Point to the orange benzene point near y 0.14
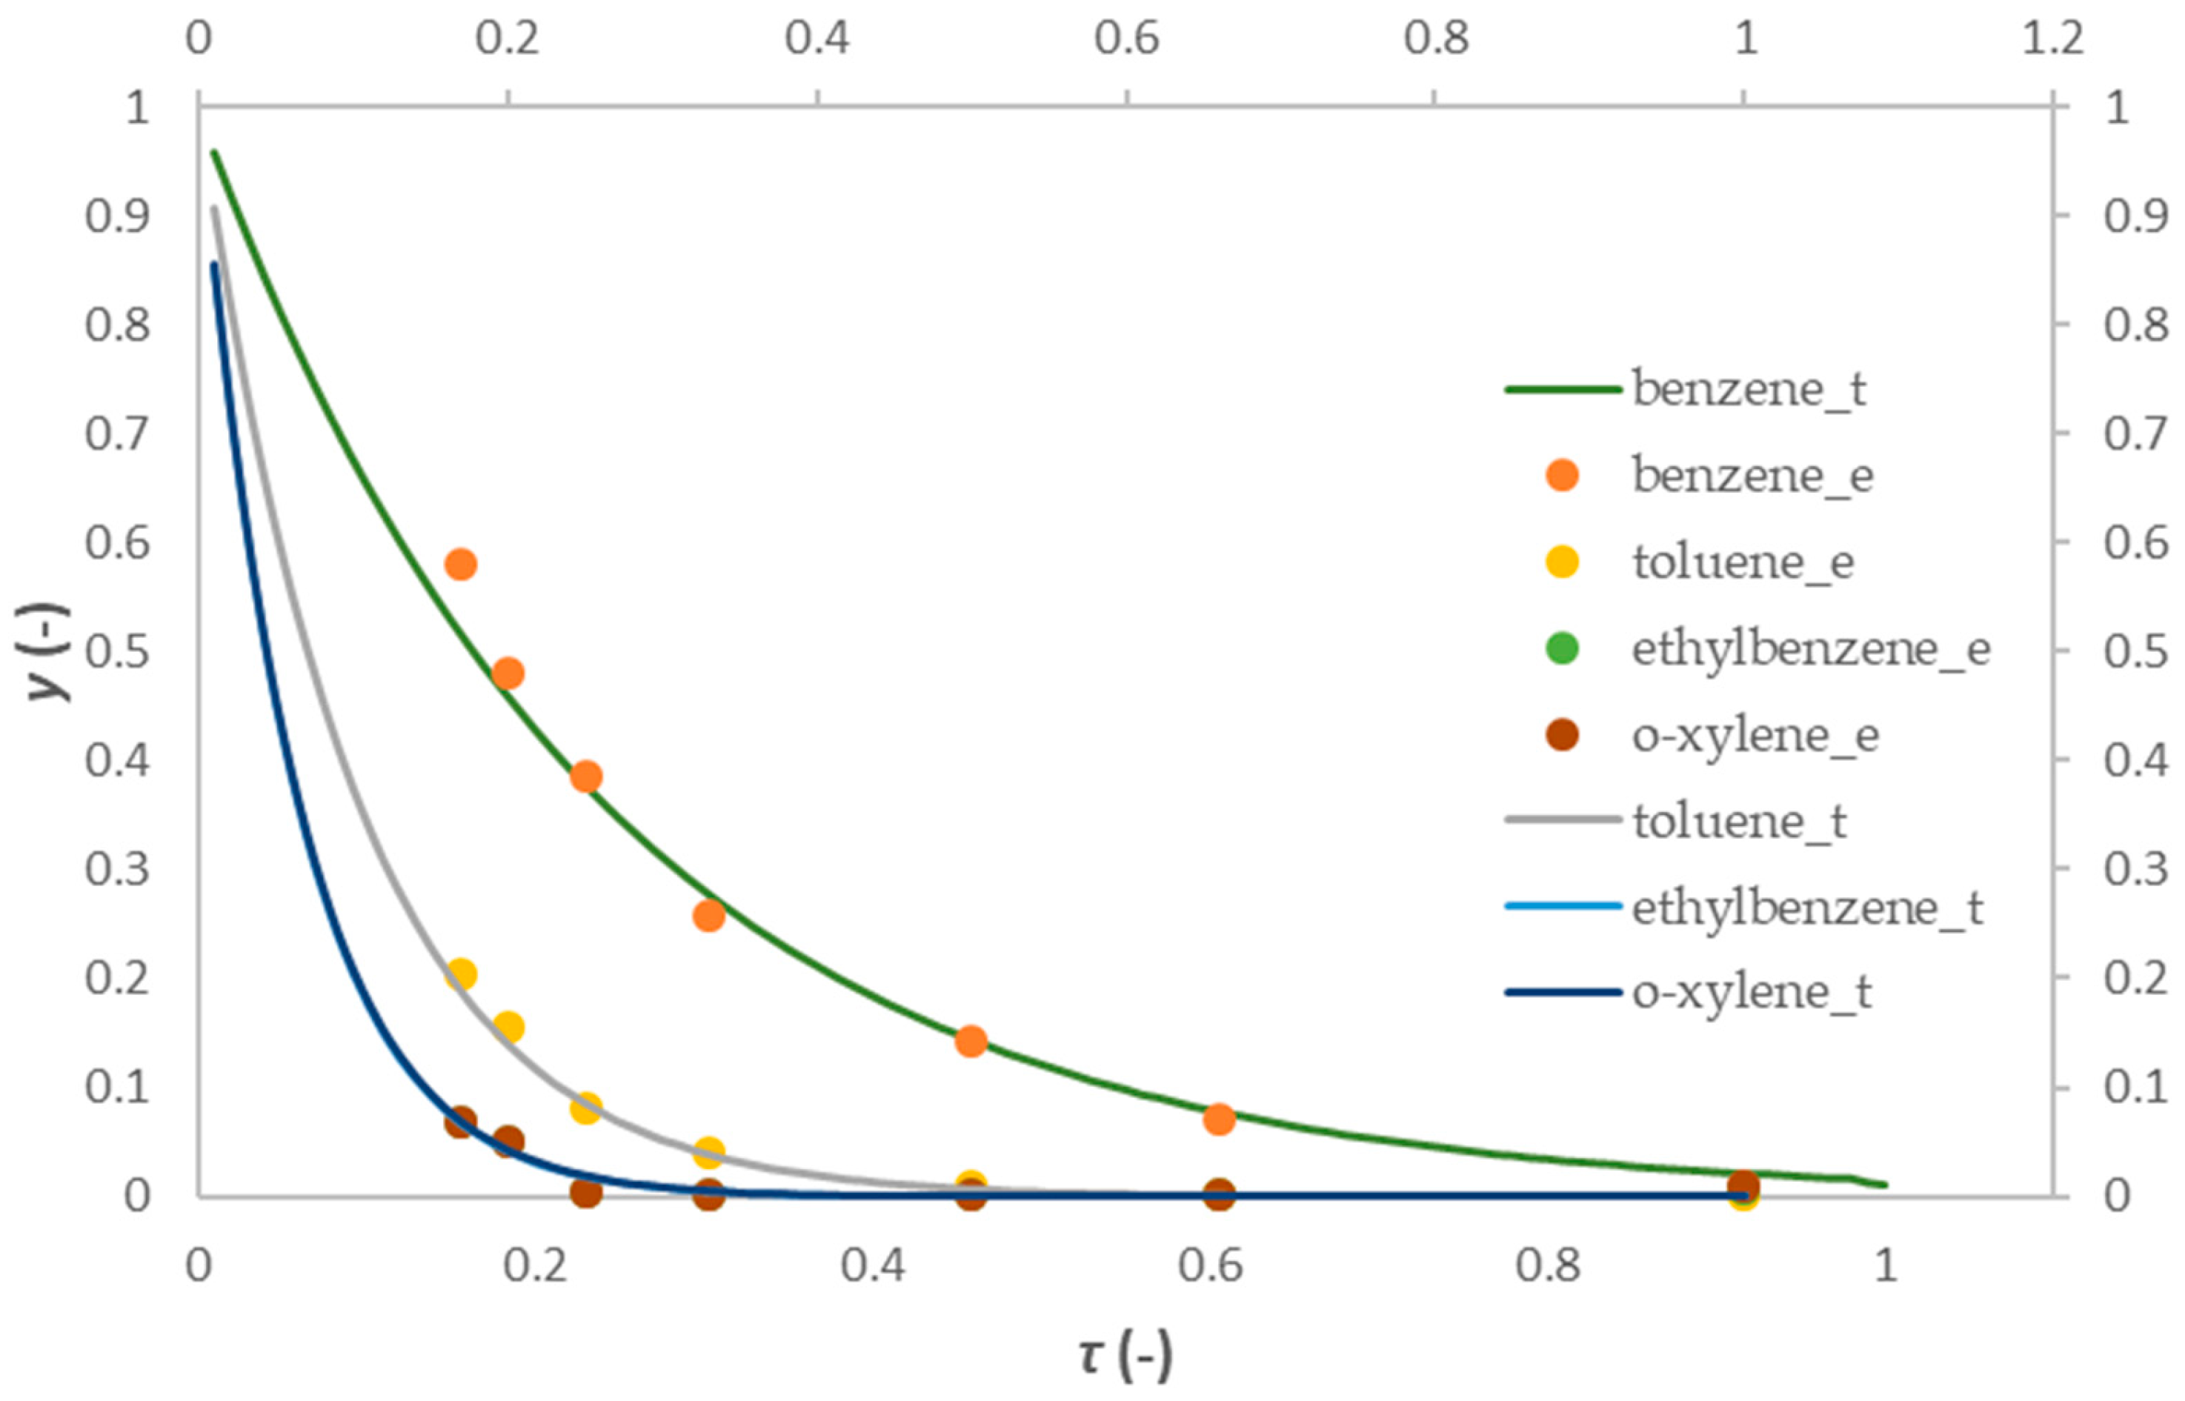click(971, 1042)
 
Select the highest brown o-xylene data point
click(461, 1122)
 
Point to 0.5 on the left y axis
click(117, 651)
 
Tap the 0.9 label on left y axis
click(117, 216)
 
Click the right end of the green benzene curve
click(1886, 1185)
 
